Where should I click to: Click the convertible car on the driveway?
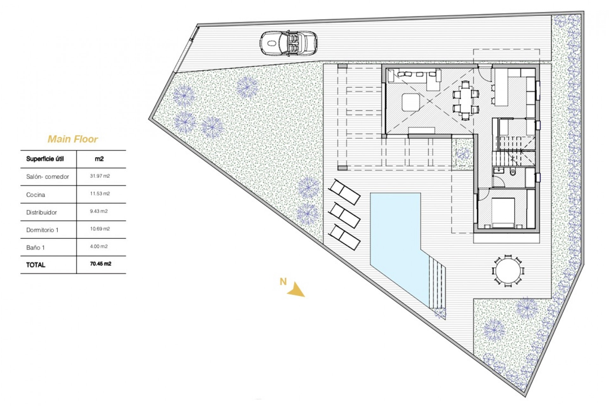[289, 43]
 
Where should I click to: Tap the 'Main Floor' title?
[73, 139]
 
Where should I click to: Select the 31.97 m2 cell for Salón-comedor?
[100, 176]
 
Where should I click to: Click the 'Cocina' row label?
[36, 195]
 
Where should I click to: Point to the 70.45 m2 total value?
[101, 264]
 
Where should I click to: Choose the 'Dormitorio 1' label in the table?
[42, 230]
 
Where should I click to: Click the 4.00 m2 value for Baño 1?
[99, 246]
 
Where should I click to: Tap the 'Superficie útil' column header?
[45, 159]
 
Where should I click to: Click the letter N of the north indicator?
[283, 281]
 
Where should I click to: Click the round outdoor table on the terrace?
[508, 271]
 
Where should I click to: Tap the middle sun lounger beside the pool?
[344, 216]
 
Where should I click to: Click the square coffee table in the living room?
[411, 102]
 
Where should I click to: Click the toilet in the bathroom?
[513, 172]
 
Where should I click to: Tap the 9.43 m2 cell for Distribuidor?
[99, 211]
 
